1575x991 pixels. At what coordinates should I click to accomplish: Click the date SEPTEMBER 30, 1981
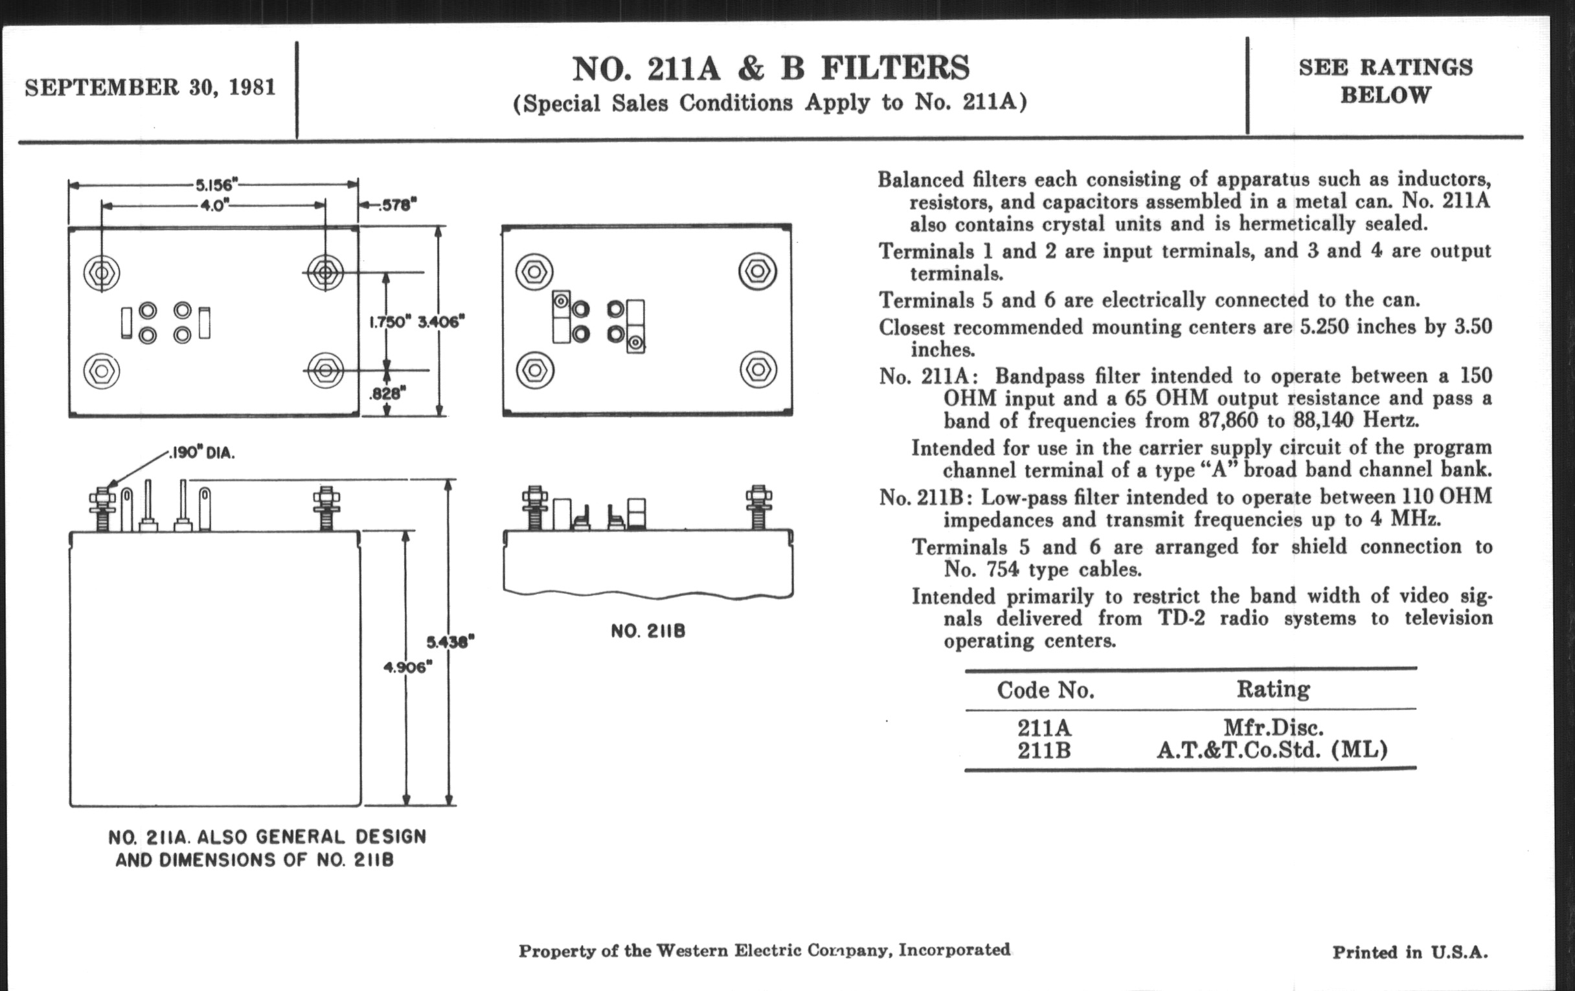pyautogui.click(x=150, y=87)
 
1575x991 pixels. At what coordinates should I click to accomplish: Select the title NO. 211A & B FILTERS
pyautogui.click(x=771, y=69)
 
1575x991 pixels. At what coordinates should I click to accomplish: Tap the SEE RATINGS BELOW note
pyautogui.click(x=1385, y=81)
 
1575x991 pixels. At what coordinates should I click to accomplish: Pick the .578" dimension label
pyautogui.click(x=395, y=205)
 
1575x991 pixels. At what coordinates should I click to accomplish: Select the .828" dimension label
pyautogui.click(x=387, y=393)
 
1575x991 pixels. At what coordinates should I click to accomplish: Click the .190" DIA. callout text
pyautogui.click(x=201, y=453)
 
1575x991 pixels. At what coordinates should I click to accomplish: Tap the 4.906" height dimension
pyautogui.click(x=407, y=666)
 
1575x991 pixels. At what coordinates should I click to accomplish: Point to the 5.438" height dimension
pyautogui.click(x=450, y=642)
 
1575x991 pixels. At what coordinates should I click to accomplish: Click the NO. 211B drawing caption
pyautogui.click(x=648, y=632)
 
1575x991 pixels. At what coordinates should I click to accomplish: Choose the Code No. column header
pyautogui.click(x=1045, y=690)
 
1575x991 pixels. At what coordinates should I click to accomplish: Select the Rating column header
pyautogui.click(x=1273, y=689)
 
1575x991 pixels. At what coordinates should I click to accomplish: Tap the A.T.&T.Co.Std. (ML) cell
pyautogui.click(x=1271, y=750)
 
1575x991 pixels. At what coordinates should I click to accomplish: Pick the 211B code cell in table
pyautogui.click(x=1044, y=750)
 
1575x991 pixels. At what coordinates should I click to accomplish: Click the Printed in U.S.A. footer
pyautogui.click(x=1410, y=951)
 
